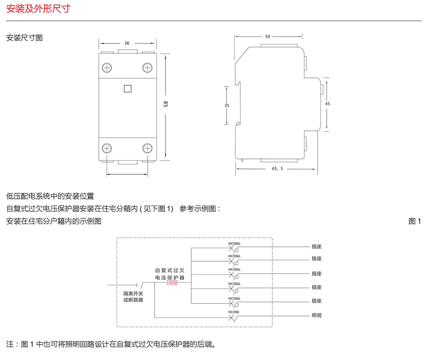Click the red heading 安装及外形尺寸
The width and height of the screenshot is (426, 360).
[x=38, y=9]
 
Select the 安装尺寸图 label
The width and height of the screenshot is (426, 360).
[x=24, y=38]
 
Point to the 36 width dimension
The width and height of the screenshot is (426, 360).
[x=127, y=43]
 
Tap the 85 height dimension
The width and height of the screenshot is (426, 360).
[x=165, y=105]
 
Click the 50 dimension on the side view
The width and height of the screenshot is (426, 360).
[x=267, y=36]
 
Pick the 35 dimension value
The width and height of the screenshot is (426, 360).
[x=227, y=106]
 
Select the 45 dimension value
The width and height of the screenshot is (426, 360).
[x=328, y=104]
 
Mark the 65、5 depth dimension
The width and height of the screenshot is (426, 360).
[x=277, y=168]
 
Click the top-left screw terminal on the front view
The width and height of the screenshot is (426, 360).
[x=107, y=68]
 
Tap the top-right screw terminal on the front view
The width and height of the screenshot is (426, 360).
[x=147, y=68]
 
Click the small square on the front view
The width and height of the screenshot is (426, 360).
[x=127, y=88]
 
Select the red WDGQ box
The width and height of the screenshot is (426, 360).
[x=173, y=283]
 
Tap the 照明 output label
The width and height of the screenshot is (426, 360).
[x=316, y=316]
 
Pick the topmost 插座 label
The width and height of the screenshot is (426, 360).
[x=316, y=247]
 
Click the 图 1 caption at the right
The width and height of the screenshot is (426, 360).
[x=415, y=221]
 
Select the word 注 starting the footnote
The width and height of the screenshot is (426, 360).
[x=10, y=344]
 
